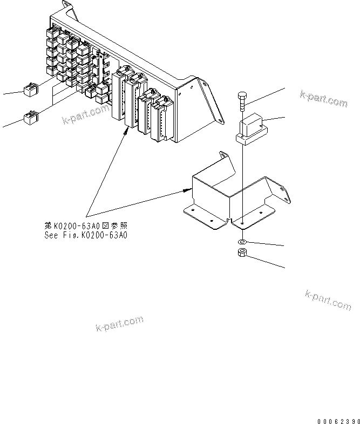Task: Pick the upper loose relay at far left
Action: pyautogui.click(x=29, y=89)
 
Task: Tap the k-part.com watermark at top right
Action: pyautogui.click(x=323, y=99)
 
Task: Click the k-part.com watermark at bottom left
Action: pyautogui.click(x=119, y=324)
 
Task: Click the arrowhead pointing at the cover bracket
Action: pyautogui.click(x=188, y=189)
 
